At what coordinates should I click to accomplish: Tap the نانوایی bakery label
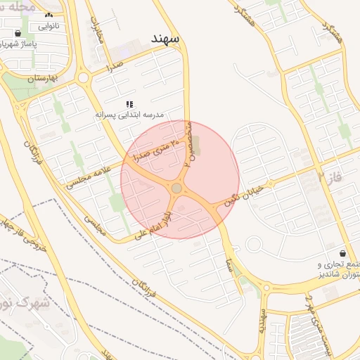49,26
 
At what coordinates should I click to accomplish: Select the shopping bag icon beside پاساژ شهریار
18,33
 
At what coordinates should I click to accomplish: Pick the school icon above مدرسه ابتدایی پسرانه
129,103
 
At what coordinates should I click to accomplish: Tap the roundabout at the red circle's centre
176,188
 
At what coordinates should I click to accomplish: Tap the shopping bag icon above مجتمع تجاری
342,253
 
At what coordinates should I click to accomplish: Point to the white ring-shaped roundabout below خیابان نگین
254,244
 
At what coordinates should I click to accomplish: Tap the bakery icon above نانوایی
49,15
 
